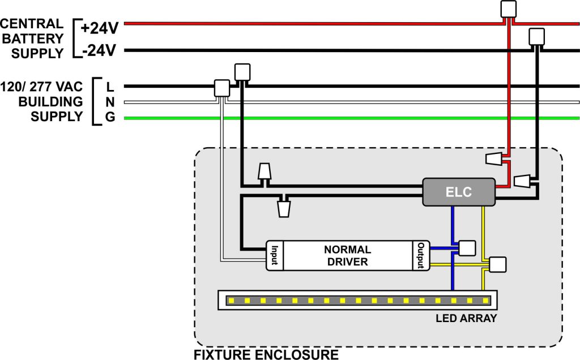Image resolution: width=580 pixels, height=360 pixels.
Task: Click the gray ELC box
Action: click(x=458, y=192)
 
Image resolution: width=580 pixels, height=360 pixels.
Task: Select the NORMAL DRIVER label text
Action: click(x=347, y=255)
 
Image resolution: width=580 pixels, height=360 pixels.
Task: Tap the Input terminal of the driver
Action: click(x=274, y=255)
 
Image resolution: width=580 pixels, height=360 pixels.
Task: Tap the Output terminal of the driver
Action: click(x=421, y=255)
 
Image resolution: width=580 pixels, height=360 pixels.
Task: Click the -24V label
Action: click(x=99, y=52)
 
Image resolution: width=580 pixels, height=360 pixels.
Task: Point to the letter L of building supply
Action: click(x=110, y=87)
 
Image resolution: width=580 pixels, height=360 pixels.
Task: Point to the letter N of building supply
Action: click(x=110, y=102)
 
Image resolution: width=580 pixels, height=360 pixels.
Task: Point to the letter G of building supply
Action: click(x=110, y=118)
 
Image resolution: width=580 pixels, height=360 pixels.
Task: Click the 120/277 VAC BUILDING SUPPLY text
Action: click(x=42, y=102)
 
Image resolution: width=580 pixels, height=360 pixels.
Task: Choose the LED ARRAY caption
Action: click(x=466, y=318)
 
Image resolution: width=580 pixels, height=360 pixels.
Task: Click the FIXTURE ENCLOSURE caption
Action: click(x=266, y=355)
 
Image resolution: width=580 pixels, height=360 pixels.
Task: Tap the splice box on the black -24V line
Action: click(x=536, y=37)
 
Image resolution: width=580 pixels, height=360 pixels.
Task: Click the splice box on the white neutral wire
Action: click(x=221, y=87)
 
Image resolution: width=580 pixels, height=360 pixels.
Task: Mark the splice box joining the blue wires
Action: click(x=467, y=248)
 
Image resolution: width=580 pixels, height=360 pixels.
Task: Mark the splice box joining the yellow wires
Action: click(x=498, y=264)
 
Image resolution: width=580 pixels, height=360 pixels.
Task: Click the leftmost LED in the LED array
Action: click(x=230, y=299)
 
